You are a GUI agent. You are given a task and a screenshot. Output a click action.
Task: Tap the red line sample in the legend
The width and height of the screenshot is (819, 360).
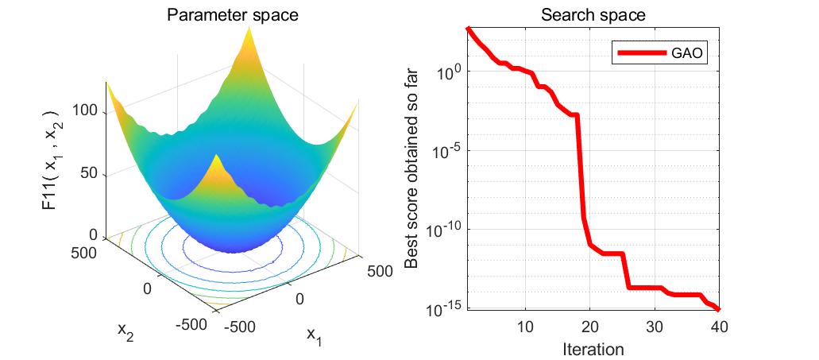pyautogui.click(x=642, y=53)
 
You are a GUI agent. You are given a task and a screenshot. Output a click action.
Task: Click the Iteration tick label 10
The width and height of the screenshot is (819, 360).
pyautogui.click(x=525, y=327)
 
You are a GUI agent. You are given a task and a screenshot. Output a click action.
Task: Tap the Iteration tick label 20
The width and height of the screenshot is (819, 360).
pyautogui.click(x=590, y=327)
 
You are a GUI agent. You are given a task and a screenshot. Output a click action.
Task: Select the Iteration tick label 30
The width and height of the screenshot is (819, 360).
pyautogui.click(x=655, y=327)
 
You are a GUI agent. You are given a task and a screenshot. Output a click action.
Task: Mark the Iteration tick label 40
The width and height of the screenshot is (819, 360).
pyautogui.click(x=719, y=327)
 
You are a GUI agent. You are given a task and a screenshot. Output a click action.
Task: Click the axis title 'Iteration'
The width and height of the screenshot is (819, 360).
pyautogui.click(x=593, y=349)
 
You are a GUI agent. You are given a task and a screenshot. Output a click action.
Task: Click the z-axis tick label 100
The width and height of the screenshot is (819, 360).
pyautogui.click(x=85, y=111)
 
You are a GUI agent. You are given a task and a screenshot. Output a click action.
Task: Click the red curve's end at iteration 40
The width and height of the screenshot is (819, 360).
pyautogui.click(x=719, y=309)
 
